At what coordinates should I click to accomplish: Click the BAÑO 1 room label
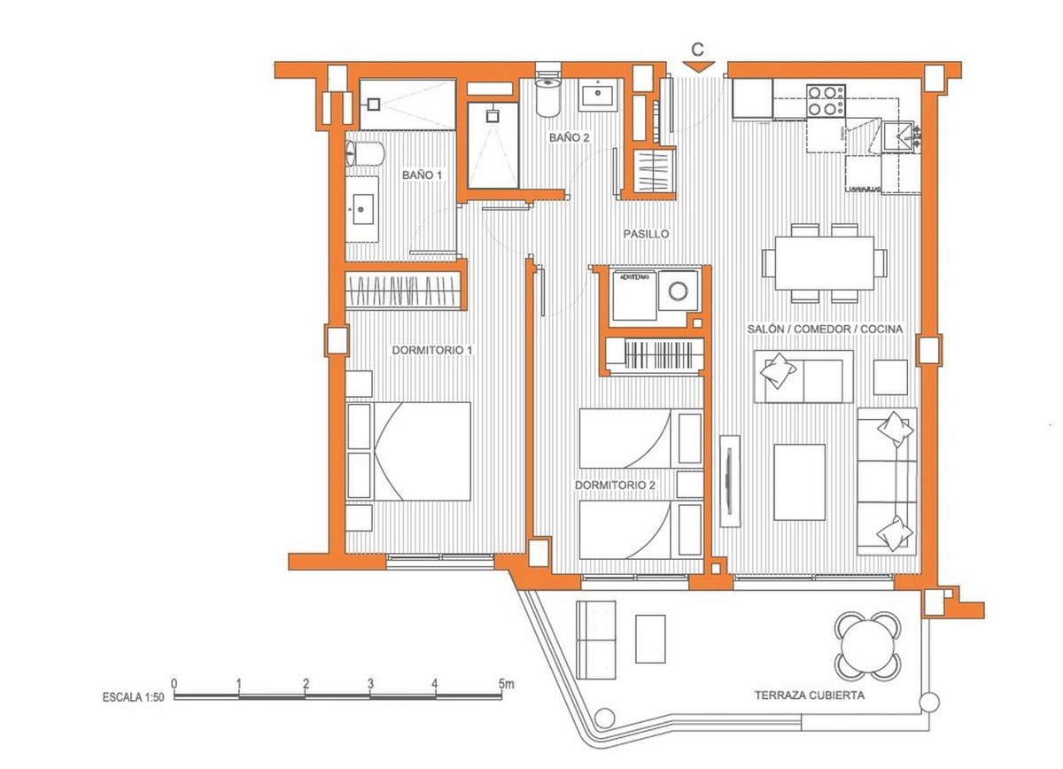coord(422,175)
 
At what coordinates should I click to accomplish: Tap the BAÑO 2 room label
coord(569,138)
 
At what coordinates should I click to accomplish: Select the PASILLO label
coord(645,234)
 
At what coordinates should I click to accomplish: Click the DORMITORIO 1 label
coord(432,350)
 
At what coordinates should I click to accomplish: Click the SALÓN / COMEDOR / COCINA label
coord(825,330)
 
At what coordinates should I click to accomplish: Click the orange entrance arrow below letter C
coord(699,66)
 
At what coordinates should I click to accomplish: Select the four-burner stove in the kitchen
coord(824,100)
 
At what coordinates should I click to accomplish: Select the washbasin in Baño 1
coord(362,210)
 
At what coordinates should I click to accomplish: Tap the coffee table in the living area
coord(800,482)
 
